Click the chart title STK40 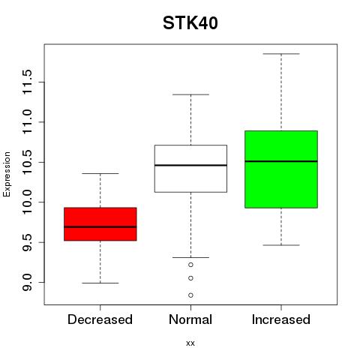pos(190,23)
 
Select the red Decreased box pos(100,224)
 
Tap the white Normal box pos(190,169)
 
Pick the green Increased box pos(281,169)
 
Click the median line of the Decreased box pos(100,227)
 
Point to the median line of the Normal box pos(190,165)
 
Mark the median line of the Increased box pos(281,161)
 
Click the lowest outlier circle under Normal pos(190,295)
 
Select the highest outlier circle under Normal pos(190,265)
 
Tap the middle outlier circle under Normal pos(190,278)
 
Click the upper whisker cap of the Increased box pos(281,54)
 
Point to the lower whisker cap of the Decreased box pos(100,283)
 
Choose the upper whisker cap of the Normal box pos(190,94)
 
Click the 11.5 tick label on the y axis pos(27,82)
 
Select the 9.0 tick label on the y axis pos(27,283)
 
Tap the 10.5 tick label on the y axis pos(27,162)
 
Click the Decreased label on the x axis pos(100,319)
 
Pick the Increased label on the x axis pos(281,319)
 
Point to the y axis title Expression pos(7,174)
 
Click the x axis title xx pos(190,343)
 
